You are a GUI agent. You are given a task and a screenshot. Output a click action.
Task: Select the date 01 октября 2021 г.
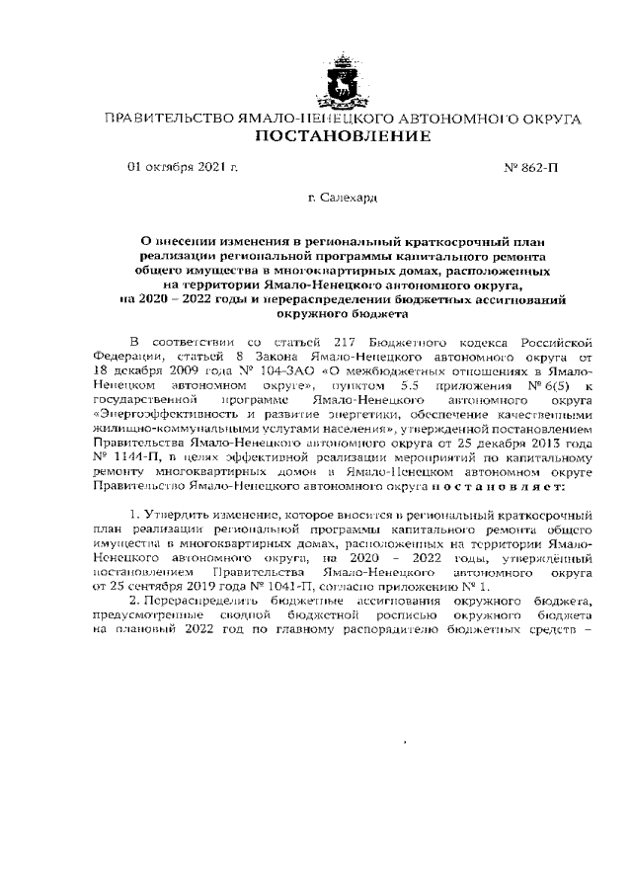tap(183, 167)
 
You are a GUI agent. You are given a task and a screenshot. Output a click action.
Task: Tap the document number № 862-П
tap(530, 168)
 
